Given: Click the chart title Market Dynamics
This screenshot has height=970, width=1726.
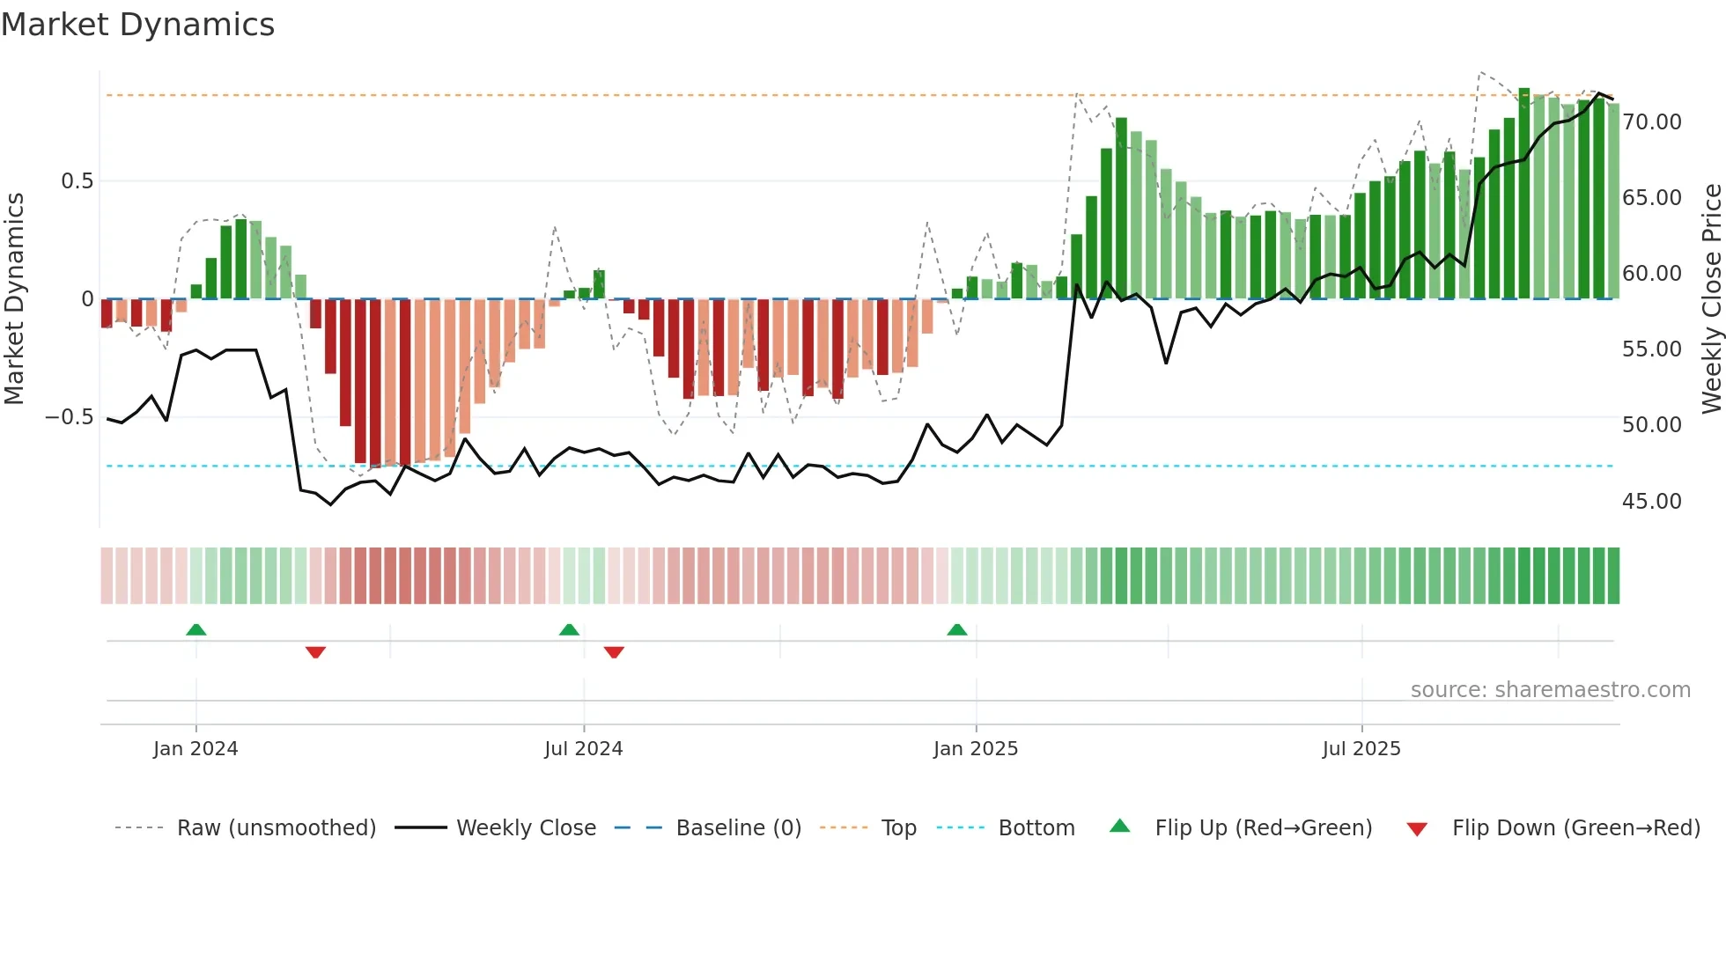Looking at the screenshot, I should pyautogui.click(x=137, y=25).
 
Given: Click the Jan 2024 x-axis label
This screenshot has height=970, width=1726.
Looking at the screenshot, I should pyautogui.click(x=195, y=749).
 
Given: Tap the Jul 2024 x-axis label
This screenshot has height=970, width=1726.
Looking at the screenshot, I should pyautogui.click(x=583, y=749).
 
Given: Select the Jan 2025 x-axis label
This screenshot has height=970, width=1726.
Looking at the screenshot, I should pyautogui.click(x=976, y=749).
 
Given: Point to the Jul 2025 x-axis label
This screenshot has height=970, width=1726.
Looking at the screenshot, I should pyautogui.click(x=1361, y=749).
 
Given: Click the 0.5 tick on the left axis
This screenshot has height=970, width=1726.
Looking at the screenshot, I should pyautogui.click(x=77, y=181).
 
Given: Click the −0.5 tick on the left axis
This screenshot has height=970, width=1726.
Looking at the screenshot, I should pyautogui.click(x=70, y=417).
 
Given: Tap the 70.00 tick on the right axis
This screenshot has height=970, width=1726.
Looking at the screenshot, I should pyautogui.click(x=1651, y=122).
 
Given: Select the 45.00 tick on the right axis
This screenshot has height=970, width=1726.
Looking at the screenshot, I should pyautogui.click(x=1651, y=502).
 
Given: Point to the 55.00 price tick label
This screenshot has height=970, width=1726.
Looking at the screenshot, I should pyautogui.click(x=1651, y=349).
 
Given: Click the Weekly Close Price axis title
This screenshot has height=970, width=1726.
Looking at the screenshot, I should pyautogui.click(x=1711, y=299).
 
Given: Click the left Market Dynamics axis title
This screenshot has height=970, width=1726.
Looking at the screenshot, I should pyautogui.click(x=14, y=299).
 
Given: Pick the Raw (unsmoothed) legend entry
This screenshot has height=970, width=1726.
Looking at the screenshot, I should pyautogui.click(x=276, y=828).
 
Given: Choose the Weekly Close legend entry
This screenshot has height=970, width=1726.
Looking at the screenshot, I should pyautogui.click(x=526, y=828).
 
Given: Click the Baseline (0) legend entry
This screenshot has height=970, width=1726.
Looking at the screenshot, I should pyautogui.click(x=738, y=828).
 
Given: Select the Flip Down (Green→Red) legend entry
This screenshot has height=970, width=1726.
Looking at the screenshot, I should pyautogui.click(x=1575, y=828).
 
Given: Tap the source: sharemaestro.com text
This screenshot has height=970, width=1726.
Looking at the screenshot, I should pyautogui.click(x=1550, y=690).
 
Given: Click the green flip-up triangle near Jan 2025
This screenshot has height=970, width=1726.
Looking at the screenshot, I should pyautogui.click(x=957, y=630).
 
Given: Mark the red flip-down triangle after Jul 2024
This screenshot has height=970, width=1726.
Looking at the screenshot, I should pyautogui.click(x=614, y=652).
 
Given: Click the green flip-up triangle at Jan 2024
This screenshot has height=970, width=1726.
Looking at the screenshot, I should pyautogui.click(x=196, y=630).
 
